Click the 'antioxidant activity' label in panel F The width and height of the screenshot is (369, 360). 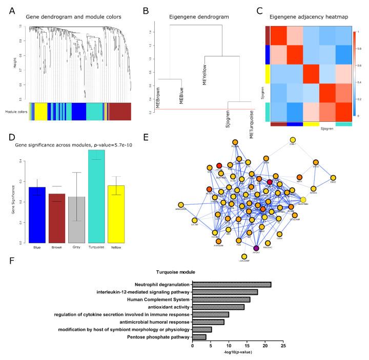tap(162, 307)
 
